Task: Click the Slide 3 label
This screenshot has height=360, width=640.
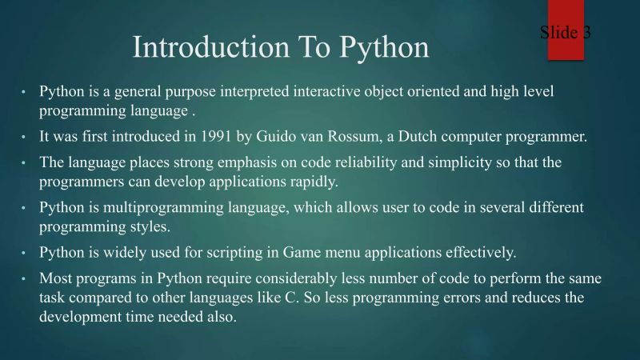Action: [565, 33]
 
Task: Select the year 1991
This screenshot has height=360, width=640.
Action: [239, 136]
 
